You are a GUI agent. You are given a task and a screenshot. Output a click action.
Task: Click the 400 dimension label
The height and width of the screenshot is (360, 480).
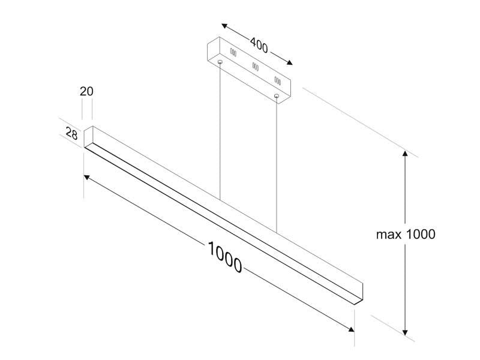pos(259,46)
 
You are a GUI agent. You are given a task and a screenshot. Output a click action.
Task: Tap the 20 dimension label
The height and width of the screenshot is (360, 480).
pos(86,91)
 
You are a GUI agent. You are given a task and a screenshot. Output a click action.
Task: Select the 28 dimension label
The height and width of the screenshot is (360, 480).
pos(71,133)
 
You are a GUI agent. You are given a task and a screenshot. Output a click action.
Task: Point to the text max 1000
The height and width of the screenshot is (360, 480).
pos(406,235)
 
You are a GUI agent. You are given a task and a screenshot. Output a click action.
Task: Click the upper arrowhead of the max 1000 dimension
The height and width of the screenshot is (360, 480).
pos(406,154)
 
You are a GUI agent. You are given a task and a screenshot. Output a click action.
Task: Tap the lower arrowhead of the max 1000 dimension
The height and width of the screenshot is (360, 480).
pos(406,332)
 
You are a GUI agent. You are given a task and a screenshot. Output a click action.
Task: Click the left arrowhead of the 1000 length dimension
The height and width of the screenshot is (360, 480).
pos(87,178)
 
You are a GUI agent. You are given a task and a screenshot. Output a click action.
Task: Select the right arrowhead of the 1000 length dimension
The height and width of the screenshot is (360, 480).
pos(351,329)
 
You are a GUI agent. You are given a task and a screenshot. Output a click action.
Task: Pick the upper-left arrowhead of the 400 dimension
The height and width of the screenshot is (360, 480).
pos(224,26)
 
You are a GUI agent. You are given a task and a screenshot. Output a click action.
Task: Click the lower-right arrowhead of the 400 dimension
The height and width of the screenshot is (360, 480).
pos(289,63)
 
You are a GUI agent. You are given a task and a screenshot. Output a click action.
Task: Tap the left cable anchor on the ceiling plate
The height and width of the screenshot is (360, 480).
pos(220,62)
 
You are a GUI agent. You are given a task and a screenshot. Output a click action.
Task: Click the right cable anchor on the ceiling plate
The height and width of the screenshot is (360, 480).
pos(277,96)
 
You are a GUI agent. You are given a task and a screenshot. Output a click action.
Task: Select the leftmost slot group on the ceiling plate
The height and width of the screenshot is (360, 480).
pos(233,52)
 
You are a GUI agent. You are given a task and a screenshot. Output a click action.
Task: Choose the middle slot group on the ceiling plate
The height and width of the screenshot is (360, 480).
pos(256,67)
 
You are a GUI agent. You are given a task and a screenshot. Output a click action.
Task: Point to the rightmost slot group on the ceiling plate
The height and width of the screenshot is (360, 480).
pos(278,80)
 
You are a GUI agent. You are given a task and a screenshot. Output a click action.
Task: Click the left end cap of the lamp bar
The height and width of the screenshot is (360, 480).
pos(88,137)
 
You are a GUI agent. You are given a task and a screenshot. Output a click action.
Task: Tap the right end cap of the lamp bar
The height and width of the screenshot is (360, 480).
pos(358,294)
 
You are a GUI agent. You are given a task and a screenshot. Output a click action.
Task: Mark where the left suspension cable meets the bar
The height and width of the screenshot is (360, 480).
pos(220,200)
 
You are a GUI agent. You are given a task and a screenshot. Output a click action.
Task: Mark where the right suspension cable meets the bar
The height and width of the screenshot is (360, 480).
pos(277,232)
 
